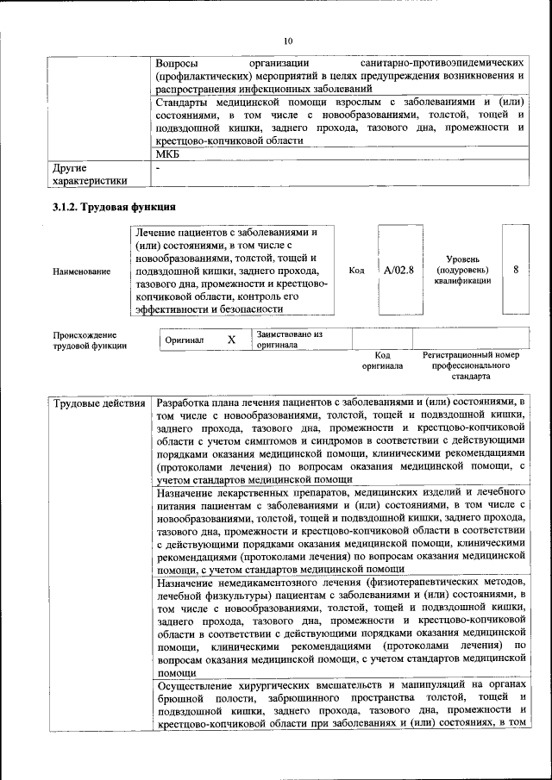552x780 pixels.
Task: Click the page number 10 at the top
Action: coord(288,41)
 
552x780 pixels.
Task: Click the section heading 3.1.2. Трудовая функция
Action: coord(115,207)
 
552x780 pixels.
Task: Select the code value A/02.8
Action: coord(398,270)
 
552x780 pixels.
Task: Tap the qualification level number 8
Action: coord(516,269)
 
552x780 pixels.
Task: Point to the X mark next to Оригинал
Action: coord(231,340)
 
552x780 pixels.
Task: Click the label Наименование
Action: coord(81,271)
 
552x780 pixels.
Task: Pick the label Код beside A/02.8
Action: coord(356,270)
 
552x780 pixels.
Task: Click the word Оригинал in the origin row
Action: coord(185,340)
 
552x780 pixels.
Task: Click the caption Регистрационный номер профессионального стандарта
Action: coord(470,365)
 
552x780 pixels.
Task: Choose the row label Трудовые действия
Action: coord(99,403)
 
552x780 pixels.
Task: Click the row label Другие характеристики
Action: coord(90,173)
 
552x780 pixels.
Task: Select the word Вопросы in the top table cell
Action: coord(178,64)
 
